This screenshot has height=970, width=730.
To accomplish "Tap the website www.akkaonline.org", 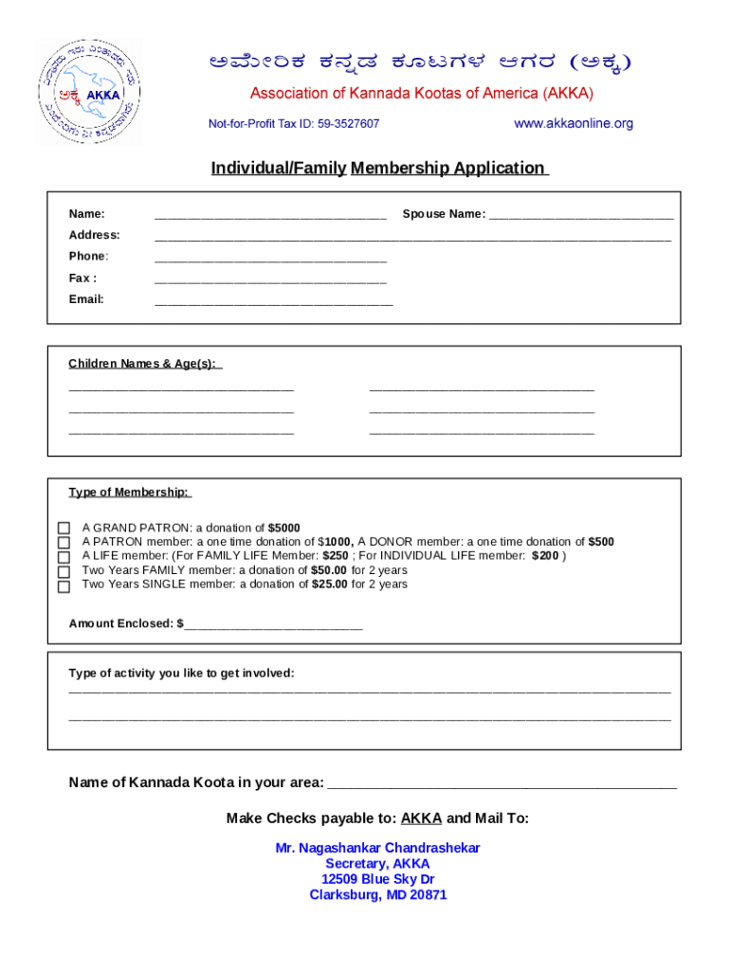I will point(573,124).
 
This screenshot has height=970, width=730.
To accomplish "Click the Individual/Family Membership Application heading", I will point(378,169).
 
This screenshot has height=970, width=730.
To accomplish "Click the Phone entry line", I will point(270,259).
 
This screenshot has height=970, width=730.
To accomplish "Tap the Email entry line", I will point(273,302).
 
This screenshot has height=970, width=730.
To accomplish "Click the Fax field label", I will point(82,278).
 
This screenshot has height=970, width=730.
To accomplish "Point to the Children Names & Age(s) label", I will point(142,364).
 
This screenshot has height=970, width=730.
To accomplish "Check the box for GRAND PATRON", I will point(64,529).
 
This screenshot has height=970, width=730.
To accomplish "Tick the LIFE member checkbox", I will point(64,557).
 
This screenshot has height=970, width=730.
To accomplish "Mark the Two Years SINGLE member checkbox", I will point(64,586).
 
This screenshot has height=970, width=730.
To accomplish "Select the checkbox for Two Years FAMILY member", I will point(64,571).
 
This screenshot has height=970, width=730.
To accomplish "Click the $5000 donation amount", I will point(283,528).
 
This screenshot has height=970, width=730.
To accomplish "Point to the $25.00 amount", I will point(329,584).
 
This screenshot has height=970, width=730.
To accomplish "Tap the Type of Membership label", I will point(129,493).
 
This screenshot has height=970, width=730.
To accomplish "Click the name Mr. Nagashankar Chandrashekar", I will point(377,848).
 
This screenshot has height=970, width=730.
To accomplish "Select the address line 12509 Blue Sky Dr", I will point(377,879).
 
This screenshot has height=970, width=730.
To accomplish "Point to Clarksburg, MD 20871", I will point(377,895).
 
